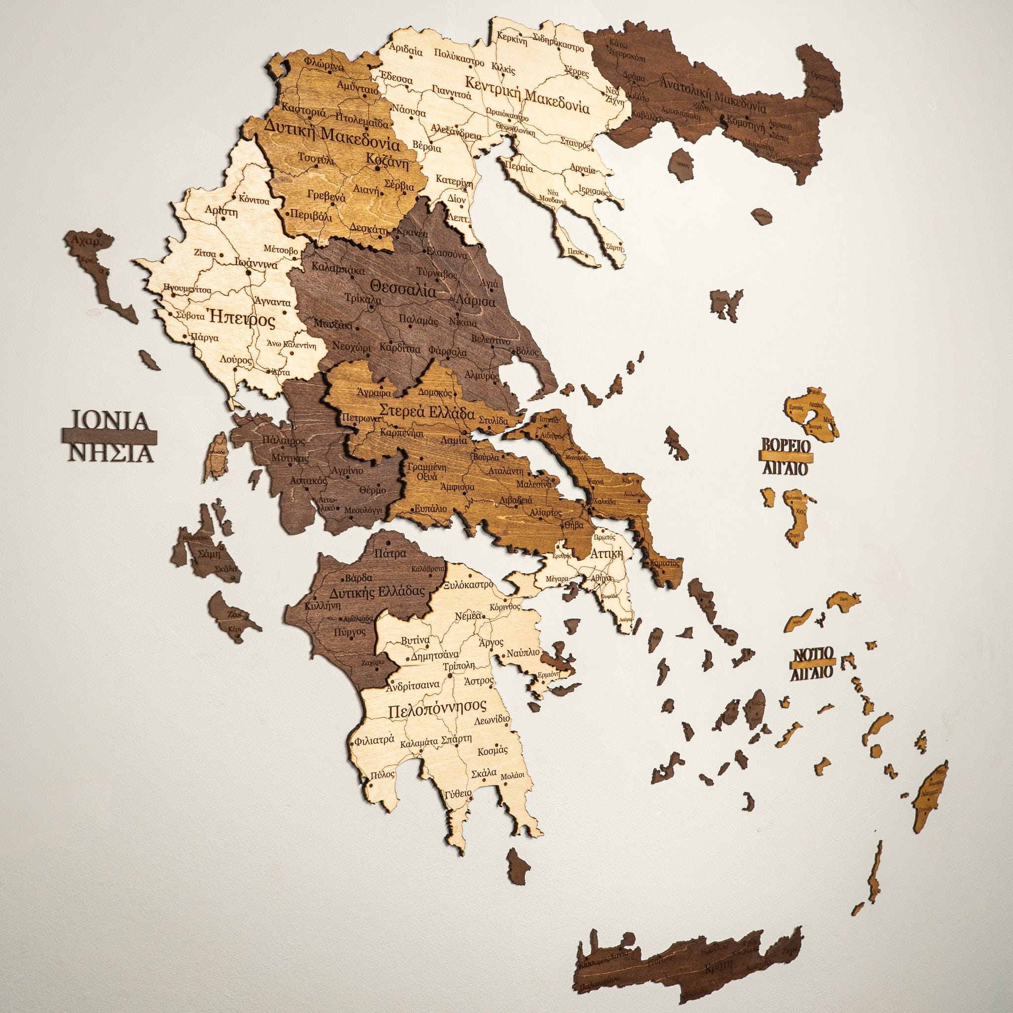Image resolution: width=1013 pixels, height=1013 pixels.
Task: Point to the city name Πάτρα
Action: tap(391, 553)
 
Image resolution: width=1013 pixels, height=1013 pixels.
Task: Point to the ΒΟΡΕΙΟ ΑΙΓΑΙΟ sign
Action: tap(785, 457)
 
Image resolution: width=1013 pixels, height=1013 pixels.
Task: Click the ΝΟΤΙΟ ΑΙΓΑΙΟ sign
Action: tap(812, 664)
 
